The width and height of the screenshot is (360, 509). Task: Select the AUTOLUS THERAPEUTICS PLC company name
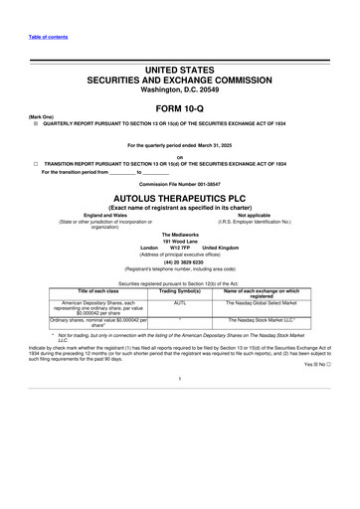point(180,200)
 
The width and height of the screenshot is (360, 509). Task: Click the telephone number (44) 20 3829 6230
point(180,262)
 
